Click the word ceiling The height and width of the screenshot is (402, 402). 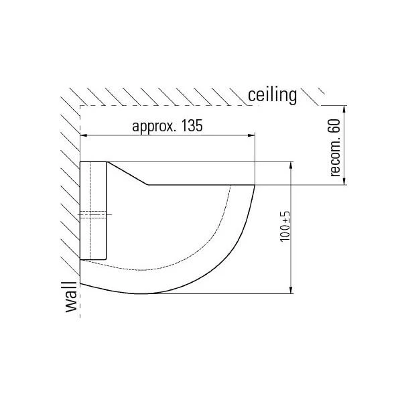tap(272, 96)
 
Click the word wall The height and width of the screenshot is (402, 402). tap(71, 297)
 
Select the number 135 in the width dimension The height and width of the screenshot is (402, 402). tap(192, 125)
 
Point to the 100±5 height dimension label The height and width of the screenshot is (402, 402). tap(285, 226)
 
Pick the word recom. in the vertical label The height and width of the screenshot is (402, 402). tap(336, 159)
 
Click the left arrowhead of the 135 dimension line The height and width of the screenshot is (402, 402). tap(84, 135)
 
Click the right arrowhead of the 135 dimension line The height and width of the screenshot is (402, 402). tap(251, 135)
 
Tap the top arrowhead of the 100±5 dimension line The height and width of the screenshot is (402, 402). tap(291, 165)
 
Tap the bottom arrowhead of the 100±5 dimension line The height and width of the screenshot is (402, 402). tap(291, 289)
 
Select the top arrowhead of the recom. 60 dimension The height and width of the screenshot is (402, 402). tap(344, 109)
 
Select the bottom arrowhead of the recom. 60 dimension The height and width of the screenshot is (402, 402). tap(344, 181)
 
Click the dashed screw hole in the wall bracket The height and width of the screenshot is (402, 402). tap(93, 214)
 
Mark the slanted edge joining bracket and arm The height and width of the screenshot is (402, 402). tap(127, 174)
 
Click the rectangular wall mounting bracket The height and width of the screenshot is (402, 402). tap(93, 210)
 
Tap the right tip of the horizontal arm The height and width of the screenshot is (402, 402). tap(255, 185)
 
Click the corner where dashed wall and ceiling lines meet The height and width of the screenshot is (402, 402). tap(80, 106)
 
